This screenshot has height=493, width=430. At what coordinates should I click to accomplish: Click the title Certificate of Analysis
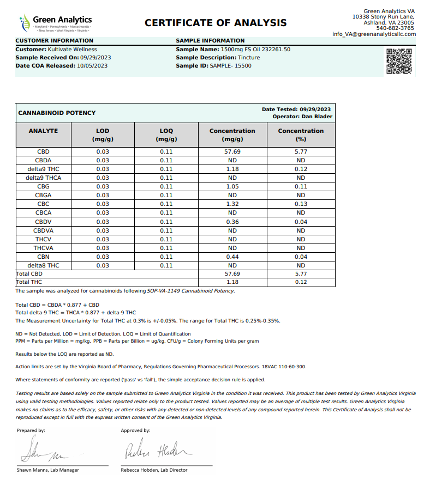216,23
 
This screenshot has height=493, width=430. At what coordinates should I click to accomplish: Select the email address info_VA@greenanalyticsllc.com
374,34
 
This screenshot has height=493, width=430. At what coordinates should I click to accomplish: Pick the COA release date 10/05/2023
92,65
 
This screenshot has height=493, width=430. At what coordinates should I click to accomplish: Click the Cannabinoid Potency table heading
57,113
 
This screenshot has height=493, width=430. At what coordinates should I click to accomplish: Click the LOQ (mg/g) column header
166,135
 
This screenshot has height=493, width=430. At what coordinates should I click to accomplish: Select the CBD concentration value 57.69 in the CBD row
232,151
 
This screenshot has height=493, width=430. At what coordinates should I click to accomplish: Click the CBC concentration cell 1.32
232,204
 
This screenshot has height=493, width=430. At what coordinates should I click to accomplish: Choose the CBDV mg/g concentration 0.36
232,222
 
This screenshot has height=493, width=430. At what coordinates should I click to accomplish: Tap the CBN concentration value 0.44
232,257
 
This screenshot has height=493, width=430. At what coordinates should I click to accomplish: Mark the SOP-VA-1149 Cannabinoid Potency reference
190,291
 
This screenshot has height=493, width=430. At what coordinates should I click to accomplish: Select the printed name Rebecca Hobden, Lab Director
154,470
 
